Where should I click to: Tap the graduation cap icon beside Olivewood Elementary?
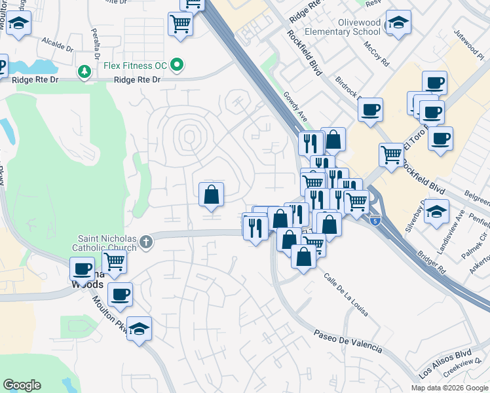pos(398,24)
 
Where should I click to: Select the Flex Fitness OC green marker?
pos(176,65)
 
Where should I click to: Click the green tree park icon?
pos(85,70)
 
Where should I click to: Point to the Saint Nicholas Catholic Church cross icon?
pos(145,242)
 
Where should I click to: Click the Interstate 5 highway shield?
pos(374,221)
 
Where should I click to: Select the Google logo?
pos(22,385)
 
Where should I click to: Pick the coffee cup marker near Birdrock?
pos(371,109)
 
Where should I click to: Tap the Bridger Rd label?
pos(433,260)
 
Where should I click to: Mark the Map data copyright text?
pos(449,386)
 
